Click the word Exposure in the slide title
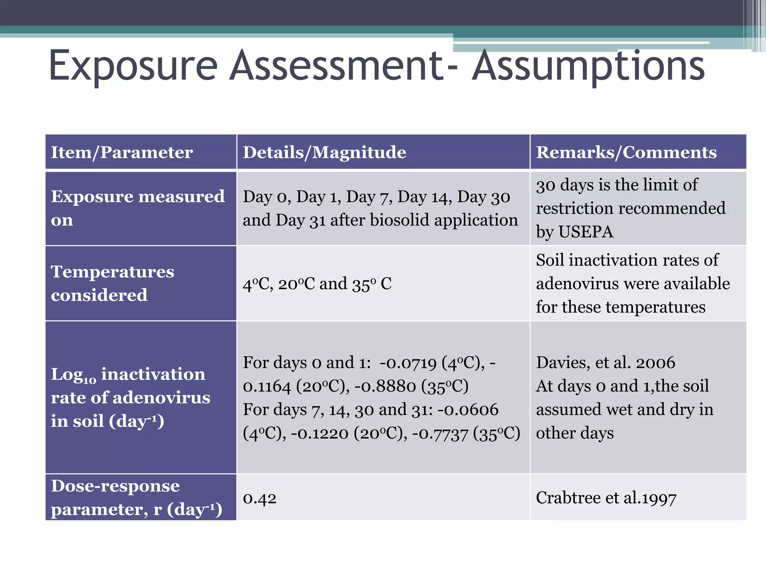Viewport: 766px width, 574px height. pyautogui.click(x=133, y=67)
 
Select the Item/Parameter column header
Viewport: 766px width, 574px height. pyautogui.click(x=122, y=152)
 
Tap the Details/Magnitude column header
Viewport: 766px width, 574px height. pyautogui.click(x=324, y=152)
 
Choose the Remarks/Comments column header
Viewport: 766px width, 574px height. pyautogui.click(x=626, y=152)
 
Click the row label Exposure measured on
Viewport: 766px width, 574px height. pyautogui.click(x=138, y=208)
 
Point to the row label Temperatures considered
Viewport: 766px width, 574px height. pyautogui.click(x=112, y=283)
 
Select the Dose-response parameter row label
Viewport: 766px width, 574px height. pyautogui.click(x=136, y=497)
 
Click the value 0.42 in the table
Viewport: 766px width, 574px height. pyautogui.click(x=260, y=498)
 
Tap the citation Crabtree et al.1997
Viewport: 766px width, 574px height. pyautogui.click(x=606, y=498)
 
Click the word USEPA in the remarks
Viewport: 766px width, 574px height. pyautogui.click(x=586, y=232)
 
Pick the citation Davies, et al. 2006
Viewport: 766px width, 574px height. pyautogui.click(x=606, y=362)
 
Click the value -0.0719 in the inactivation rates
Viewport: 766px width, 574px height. pyautogui.click(x=408, y=363)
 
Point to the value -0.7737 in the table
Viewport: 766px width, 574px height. pyautogui.click(x=440, y=433)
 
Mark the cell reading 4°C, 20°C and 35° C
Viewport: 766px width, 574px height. pyautogui.click(x=317, y=284)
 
